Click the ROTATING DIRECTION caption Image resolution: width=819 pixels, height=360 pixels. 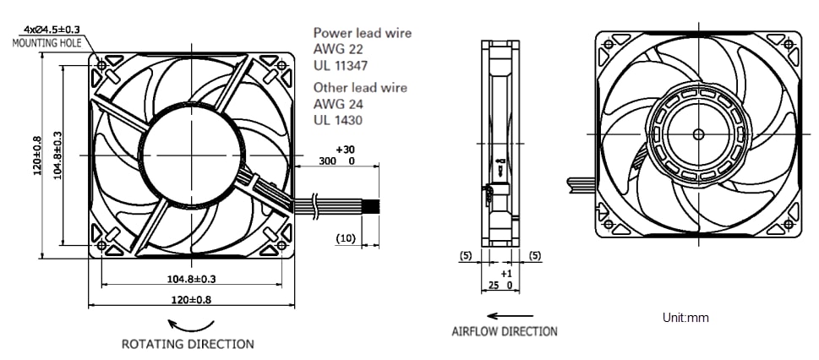click(x=188, y=345)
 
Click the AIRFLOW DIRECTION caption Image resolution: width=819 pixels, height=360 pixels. click(x=505, y=331)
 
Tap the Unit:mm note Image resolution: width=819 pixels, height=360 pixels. click(x=686, y=319)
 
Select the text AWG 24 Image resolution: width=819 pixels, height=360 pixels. click(x=336, y=104)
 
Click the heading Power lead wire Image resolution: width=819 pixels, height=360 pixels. click(x=363, y=33)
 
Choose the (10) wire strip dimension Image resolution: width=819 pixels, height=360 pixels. click(x=346, y=238)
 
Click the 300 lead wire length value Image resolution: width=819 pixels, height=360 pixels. click(x=326, y=161)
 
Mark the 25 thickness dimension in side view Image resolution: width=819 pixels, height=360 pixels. click(x=494, y=286)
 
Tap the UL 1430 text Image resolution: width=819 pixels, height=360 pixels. click(x=338, y=120)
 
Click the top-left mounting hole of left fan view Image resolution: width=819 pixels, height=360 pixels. click(x=103, y=65)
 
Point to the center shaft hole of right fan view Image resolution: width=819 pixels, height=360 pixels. click(x=697, y=134)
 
